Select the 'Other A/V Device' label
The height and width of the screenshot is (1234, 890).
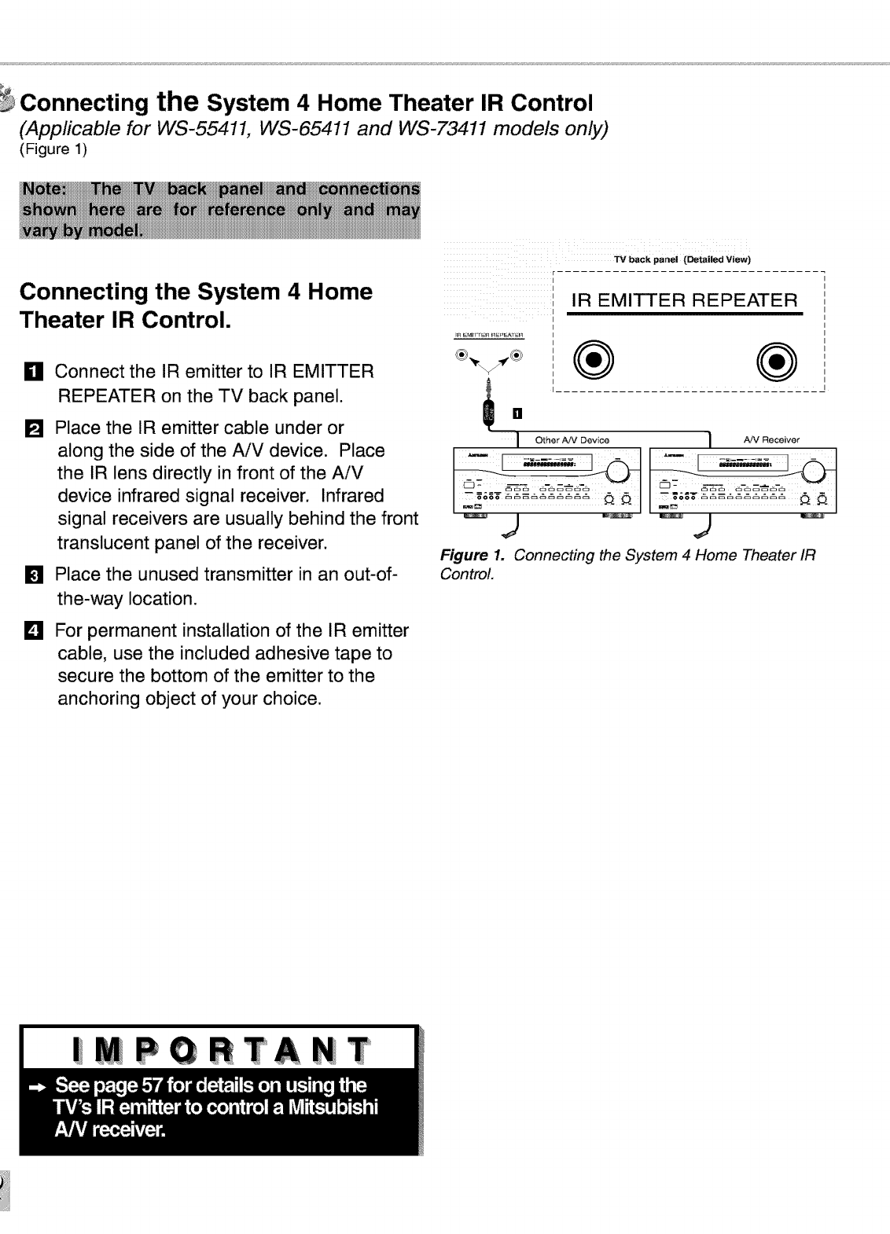tap(572, 439)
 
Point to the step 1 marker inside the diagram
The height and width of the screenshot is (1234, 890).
tap(517, 413)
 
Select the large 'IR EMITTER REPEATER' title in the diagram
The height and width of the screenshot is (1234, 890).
tap(684, 300)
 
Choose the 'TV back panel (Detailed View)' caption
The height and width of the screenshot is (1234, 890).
tap(682, 259)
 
